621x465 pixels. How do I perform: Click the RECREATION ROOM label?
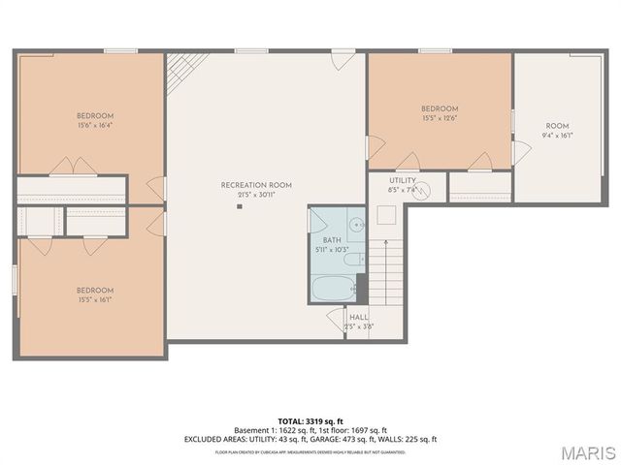(256, 184)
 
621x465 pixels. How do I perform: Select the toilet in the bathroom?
(354, 260)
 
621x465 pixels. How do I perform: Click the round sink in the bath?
(356, 225)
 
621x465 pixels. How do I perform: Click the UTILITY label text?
(403, 180)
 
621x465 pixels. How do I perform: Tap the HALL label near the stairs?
(358, 317)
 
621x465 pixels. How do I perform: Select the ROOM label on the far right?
(557, 126)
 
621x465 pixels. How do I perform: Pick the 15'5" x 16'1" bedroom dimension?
(96, 299)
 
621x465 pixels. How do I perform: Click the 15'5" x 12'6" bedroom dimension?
(439, 117)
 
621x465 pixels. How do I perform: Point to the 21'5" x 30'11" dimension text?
(256, 194)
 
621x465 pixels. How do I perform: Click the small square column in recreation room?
(239, 206)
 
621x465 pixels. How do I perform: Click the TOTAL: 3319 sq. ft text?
(310, 421)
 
